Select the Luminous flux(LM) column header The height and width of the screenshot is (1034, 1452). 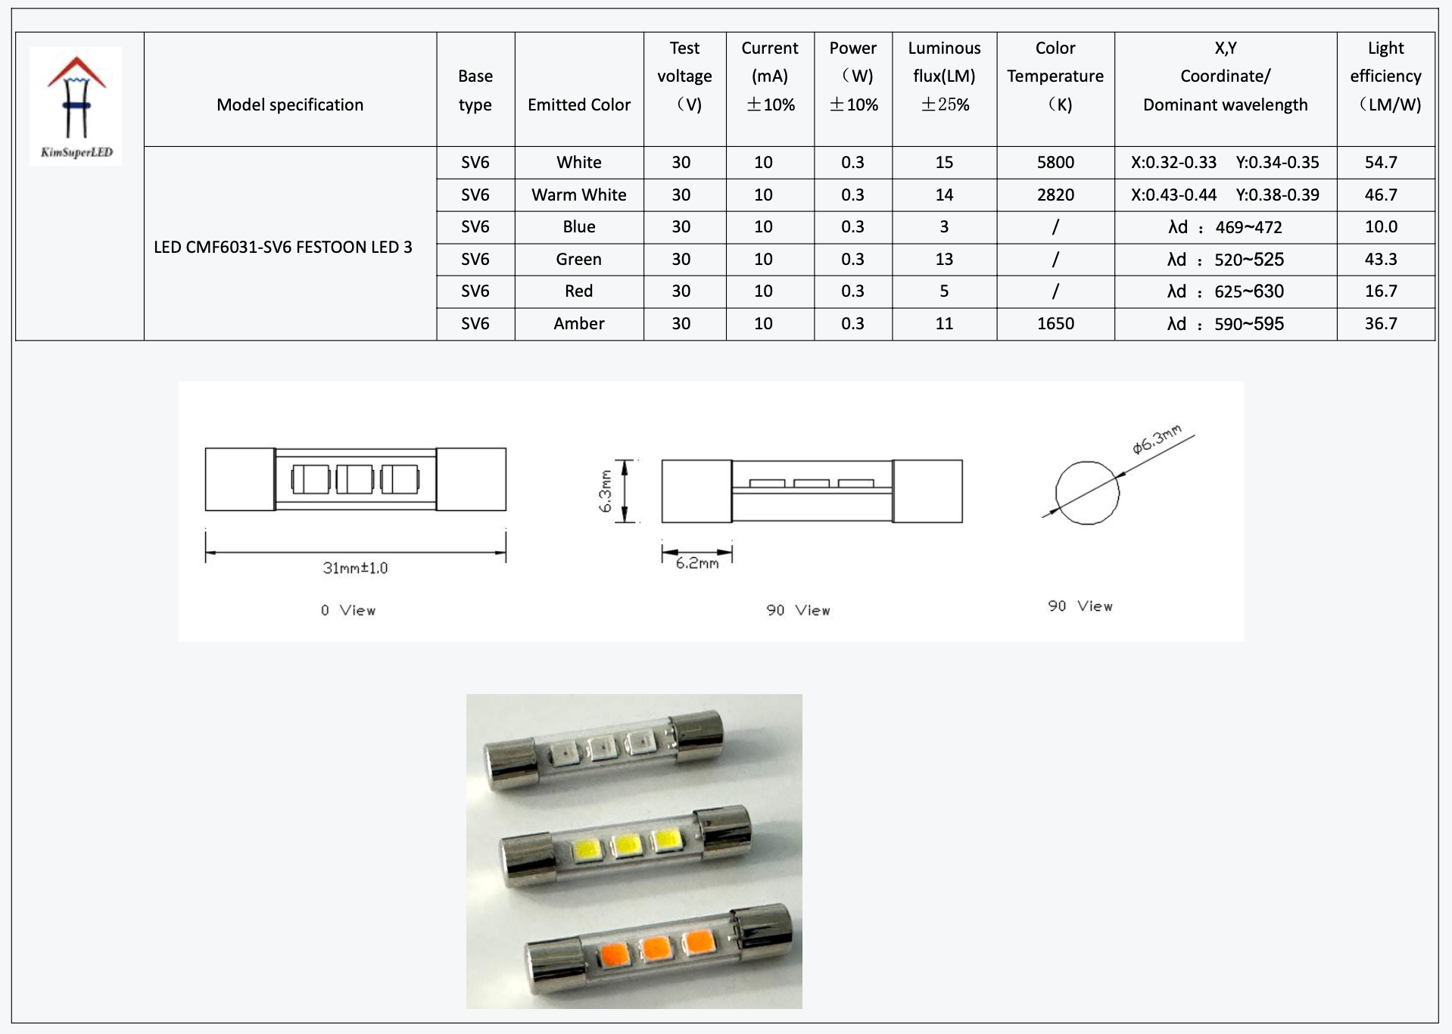[944, 76]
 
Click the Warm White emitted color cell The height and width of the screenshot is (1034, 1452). [578, 195]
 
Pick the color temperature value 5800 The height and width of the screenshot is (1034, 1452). [1055, 162]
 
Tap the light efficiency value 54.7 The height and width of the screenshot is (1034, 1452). [1381, 162]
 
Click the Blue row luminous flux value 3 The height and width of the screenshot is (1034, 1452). [944, 226]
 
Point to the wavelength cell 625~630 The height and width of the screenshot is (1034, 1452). [1249, 291]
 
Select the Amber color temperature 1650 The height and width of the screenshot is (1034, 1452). [1055, 323]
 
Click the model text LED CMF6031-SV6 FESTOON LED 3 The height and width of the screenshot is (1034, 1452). [283, 247]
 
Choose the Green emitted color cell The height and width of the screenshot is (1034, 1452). [578, 259]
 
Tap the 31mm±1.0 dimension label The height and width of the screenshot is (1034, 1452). [355, 568]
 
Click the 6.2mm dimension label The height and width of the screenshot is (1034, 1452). [697, 563]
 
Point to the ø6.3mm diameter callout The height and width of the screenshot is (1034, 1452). [1156, 440]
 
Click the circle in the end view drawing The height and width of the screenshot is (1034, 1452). [1087, 493]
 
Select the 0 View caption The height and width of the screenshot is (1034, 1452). [347, 610]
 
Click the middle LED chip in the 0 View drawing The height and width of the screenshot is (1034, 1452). [355, 479]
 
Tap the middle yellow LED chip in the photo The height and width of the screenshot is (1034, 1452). [626, 845]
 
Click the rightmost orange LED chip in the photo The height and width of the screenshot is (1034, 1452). [698, 941]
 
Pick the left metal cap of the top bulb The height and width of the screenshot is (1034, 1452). [509, 766]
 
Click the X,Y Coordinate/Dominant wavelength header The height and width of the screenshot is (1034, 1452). [1225, 76]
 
